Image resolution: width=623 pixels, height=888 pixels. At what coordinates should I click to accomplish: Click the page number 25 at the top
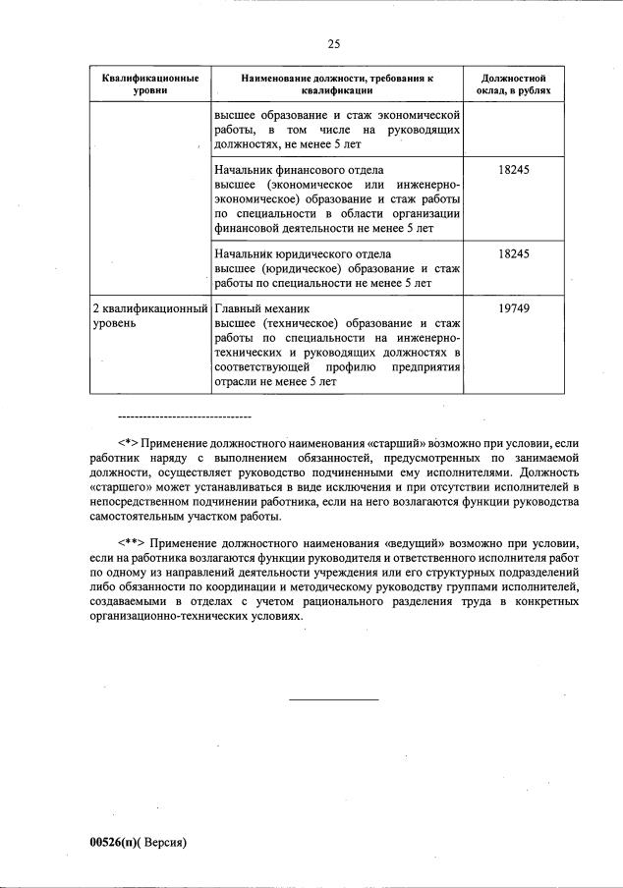(x=333, y=43)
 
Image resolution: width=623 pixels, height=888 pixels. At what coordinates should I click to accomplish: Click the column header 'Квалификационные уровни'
(x=144, y=83)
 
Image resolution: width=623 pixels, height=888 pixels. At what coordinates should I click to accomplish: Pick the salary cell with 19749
(x=514, y=308)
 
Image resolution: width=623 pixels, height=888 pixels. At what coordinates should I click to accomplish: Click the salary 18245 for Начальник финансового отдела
(x=514, y=170)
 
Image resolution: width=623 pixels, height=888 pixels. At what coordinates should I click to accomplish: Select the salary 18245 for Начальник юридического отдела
(x=514, y=253)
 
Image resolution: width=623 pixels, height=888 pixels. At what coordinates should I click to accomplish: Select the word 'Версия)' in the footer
(x=166, y=842)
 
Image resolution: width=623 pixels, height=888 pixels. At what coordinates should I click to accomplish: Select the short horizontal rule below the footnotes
(x=333, y=699)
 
